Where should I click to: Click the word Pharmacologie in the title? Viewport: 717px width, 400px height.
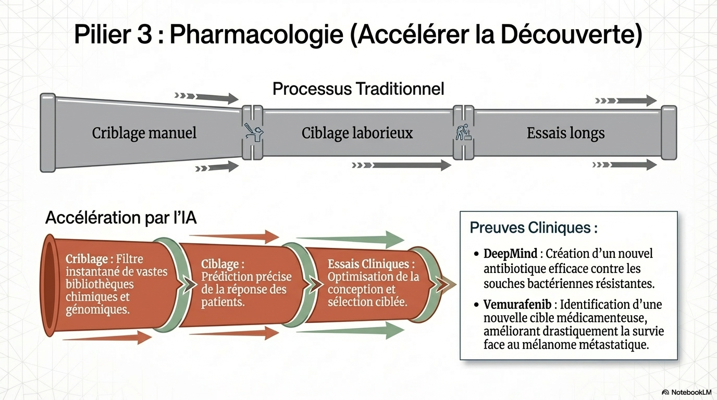(255, 35)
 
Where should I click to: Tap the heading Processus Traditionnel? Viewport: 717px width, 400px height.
(358, 89)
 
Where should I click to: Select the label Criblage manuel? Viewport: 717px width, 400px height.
(144, 133)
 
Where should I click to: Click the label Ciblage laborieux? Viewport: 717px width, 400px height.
(357, 133)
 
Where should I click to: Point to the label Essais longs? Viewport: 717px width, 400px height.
(565, 133)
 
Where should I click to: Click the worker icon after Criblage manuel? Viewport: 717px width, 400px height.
(253, 133)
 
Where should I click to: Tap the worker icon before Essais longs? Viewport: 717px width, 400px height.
(463, 132)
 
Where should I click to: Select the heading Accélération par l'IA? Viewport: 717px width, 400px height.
(121, 218)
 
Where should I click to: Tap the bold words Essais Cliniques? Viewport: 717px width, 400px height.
(370, 264)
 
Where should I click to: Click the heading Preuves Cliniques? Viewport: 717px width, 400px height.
(533, 228)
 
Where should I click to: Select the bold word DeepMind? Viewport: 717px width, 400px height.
(510, 254)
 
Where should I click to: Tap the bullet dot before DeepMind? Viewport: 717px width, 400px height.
(477, 254)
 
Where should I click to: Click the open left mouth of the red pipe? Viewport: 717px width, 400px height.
(49, 285)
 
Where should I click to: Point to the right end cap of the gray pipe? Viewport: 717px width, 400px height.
(669, 132)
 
